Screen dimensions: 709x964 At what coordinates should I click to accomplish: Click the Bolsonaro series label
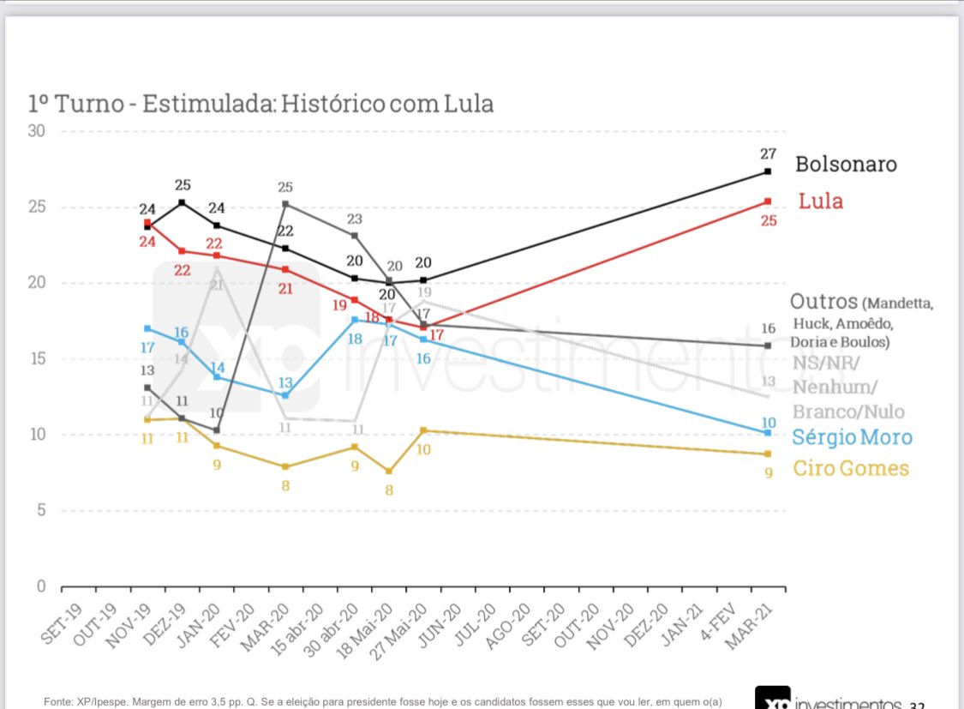(845, 164)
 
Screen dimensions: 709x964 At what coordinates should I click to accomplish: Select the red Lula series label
(820, 201)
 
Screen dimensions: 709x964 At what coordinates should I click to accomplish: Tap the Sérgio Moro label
(852, 437)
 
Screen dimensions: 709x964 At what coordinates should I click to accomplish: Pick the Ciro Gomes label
(850, 468)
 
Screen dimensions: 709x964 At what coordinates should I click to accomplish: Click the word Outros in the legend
(823, 302)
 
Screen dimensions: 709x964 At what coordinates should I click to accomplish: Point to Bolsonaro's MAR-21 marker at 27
(768, 171)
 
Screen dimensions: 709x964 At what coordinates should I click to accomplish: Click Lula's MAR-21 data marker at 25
(768, 201)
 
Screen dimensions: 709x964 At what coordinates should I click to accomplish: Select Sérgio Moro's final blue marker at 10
(768, 432)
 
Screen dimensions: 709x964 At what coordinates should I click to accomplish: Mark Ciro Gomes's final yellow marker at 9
(768, 454)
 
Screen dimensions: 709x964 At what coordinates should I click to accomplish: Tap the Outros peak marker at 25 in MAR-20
(285, 204)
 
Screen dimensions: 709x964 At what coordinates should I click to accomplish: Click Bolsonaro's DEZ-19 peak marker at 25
(182, 202)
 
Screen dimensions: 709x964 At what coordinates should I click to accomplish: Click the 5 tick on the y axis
(40, 511)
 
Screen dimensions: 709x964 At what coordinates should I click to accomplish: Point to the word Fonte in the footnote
(58, 702)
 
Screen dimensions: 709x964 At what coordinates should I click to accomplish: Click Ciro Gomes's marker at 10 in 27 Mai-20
(423, 430)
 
